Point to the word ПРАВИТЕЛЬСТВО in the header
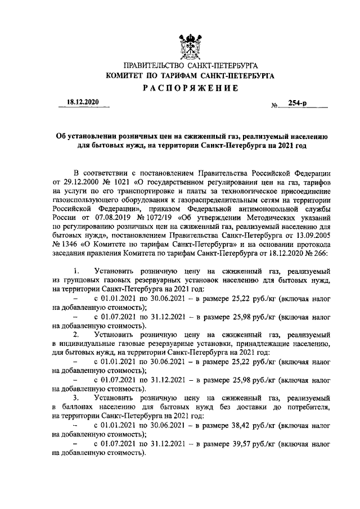[150, 66]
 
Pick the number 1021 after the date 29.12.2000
[119, 183]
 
